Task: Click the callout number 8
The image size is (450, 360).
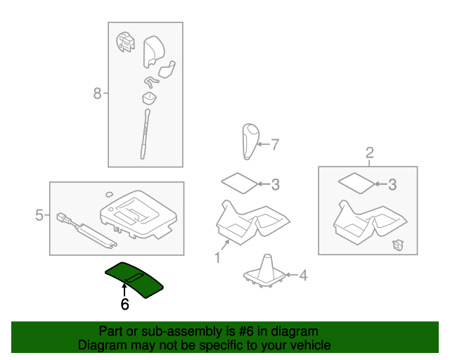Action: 97,94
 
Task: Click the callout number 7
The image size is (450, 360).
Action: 275,144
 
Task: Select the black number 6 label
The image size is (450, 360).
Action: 125,304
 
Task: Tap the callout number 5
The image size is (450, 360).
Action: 39,215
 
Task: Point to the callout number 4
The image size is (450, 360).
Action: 303,276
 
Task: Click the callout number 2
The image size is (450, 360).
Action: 370,153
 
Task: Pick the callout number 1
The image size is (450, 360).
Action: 217,257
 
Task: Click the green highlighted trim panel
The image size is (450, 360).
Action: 134,280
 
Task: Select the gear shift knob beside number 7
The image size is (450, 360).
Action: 250,141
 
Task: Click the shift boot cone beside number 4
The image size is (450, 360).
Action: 265,271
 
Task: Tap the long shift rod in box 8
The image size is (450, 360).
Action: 145,134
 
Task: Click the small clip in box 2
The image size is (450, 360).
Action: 398,245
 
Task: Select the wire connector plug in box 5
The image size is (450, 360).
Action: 64,218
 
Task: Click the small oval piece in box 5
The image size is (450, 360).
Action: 109,194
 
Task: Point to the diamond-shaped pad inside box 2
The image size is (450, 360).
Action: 356,183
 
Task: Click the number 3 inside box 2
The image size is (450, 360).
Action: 392,185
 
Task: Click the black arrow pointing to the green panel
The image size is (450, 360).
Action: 124,290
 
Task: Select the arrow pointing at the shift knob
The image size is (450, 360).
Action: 263,144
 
